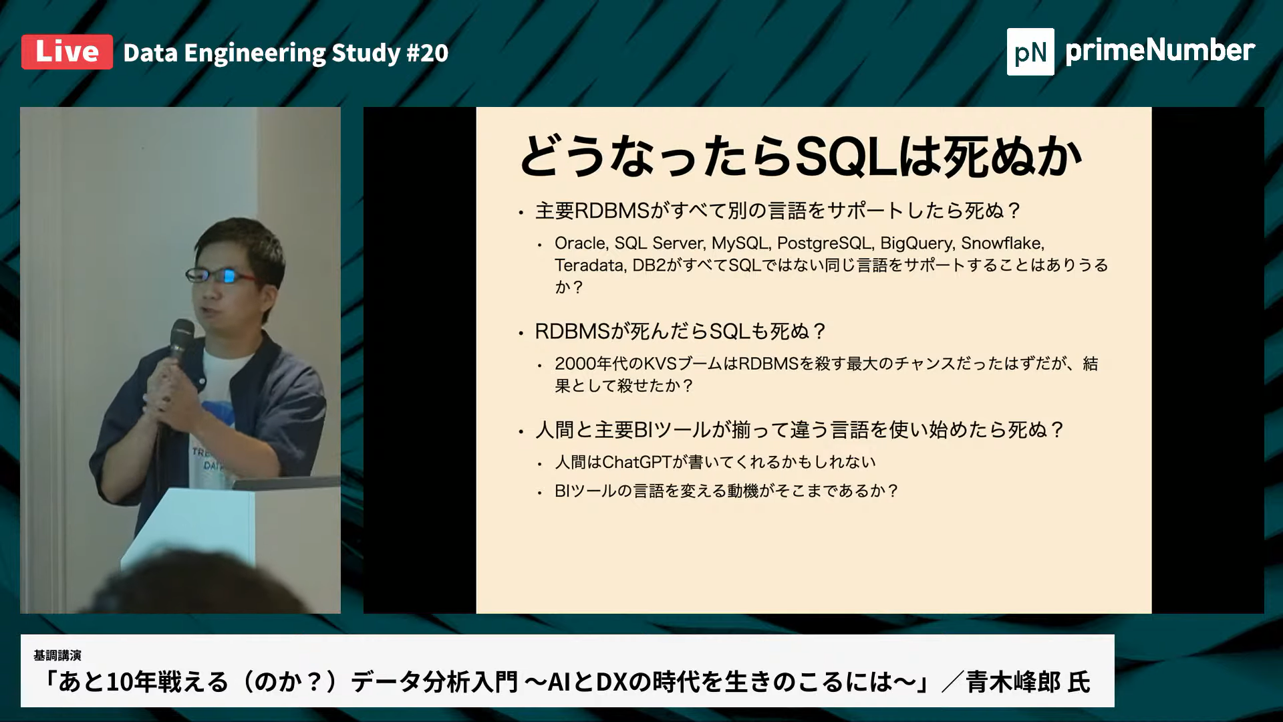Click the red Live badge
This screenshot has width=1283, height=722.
[x=67, y=52]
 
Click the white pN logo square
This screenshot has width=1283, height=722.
[x=1030, y=51]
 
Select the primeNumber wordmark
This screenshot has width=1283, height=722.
[x=1160, y=51]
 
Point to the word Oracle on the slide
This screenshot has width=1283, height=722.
[x=579, y=243]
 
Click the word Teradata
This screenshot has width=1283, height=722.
[x=589, y=265]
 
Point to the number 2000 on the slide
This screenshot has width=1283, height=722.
[x=575, y=364]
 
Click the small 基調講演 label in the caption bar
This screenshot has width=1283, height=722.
[x=57, y=655]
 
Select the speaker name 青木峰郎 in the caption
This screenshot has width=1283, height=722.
[x=1012, y=682]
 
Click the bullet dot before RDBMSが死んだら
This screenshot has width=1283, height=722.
[x=521, y=333]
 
